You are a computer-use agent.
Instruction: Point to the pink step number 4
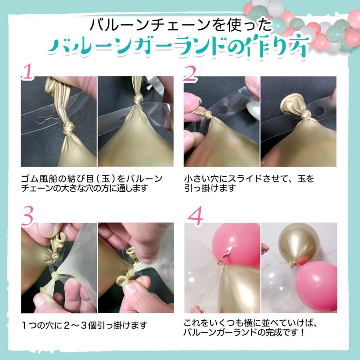coord(195,216)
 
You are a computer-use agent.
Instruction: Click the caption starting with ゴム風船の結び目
coord(92,183)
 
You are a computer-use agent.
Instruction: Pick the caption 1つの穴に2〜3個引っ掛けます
coord(84,325)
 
